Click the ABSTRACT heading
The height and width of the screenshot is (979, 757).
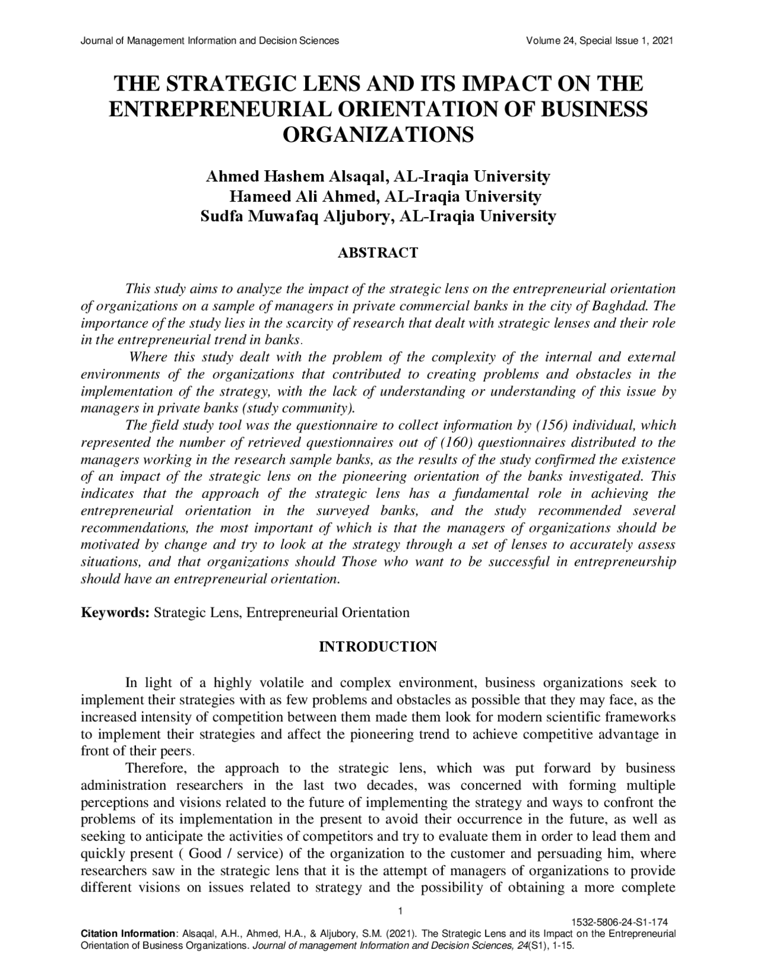[x=377, y=253]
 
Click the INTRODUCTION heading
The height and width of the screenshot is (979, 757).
[x=378, y=647]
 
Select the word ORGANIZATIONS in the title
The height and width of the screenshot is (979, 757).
[x=378, y=135]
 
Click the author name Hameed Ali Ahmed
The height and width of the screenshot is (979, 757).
[x=304, y=196]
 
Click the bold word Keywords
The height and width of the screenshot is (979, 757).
[x=115, y=612]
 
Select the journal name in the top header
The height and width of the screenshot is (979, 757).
[x=209, y=41]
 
